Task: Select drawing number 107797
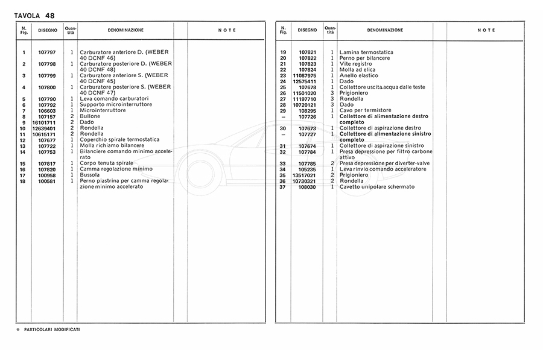point(47,52)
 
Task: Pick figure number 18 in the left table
point(22,180)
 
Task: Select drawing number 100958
point(47,174)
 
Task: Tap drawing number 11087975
point(305,75)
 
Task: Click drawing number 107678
point(307,87)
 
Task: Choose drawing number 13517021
point(305,175)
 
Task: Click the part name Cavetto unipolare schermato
point(377,186)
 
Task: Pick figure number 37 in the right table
point(282,186)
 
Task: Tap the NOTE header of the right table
point(486,30)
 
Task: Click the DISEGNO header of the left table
point(48,30)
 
